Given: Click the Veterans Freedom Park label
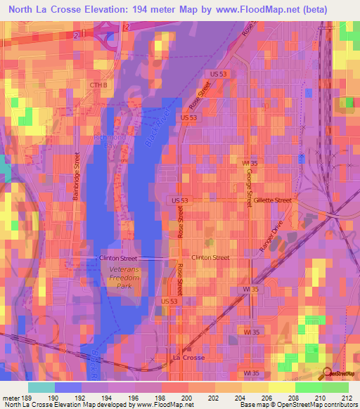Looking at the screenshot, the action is pyautogui.click(x=124, y=276).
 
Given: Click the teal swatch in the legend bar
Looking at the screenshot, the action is pyautogui.click(x=41, y=387).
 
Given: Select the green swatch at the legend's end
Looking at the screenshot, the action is pyautogui.click(x=335, y=387).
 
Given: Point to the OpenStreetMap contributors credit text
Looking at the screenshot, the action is pyautogui.click(x=316, y=405).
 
